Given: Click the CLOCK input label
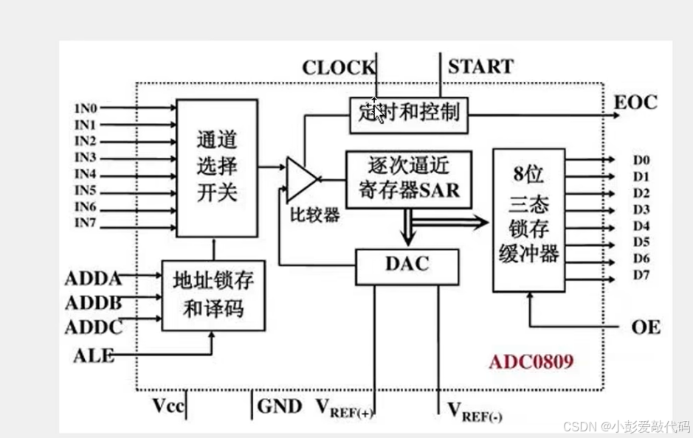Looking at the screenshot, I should [338, 68].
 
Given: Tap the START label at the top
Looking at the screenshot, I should [480, 66].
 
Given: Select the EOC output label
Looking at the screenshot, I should [635, 102].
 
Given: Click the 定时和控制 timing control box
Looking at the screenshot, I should [408, 113].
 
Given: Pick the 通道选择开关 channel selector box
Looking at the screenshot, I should [216, 167].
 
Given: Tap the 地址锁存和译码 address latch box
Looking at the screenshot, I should [213, 294].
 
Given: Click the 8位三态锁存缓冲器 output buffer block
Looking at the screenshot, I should [528, 219].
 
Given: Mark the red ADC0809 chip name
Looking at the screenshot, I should [531, 363].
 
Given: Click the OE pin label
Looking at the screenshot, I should [646, 327].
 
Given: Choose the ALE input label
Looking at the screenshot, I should [94, 355].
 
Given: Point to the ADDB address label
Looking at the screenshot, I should [93, 303].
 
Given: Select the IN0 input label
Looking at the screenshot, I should [86, 108].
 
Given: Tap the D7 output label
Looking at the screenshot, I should [641, 276].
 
